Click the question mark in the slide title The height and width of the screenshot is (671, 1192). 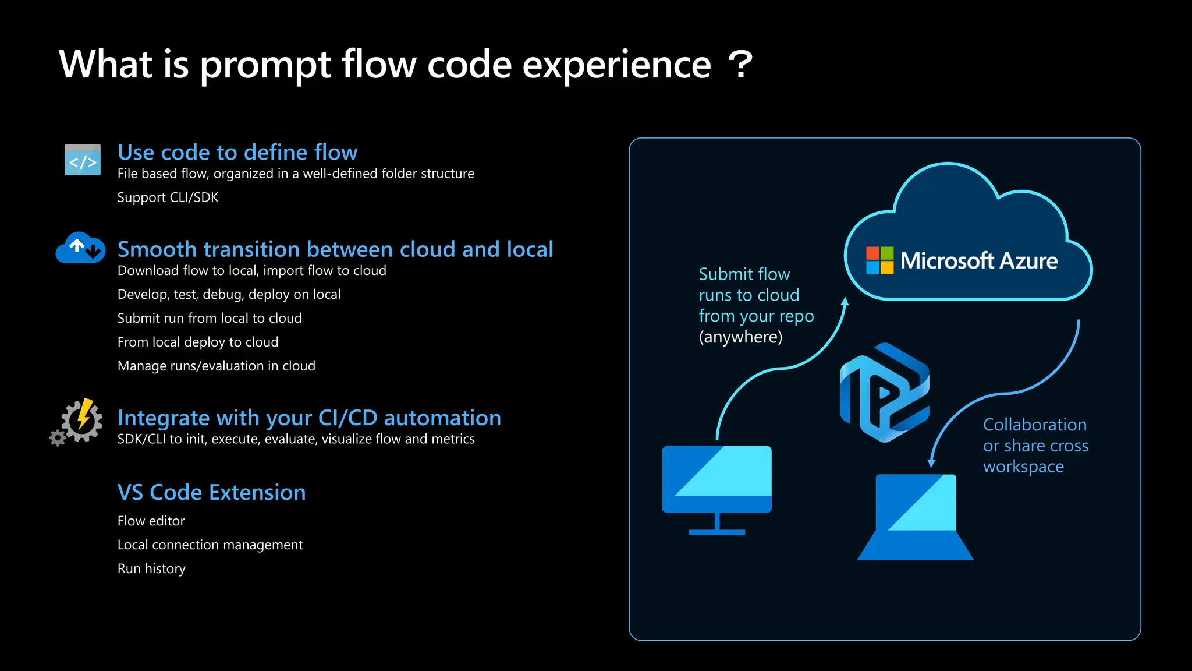coord(740,65)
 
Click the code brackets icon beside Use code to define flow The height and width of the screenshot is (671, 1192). coord(83,160)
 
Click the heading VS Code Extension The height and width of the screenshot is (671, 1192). coord(211,493)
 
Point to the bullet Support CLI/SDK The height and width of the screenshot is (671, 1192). coord(168,197)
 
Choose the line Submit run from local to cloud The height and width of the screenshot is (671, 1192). coord(210,318)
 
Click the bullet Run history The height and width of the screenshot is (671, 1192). coord(151,568)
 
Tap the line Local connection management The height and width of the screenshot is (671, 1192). coord(210,545)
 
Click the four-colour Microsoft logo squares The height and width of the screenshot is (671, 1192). coord(879,260)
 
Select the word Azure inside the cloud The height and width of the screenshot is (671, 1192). coord(1028,261)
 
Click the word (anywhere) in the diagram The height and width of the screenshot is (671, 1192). coord(740,337)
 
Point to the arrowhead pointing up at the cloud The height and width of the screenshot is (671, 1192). coord(845,302)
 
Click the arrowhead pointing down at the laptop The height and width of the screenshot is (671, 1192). coord(931,463)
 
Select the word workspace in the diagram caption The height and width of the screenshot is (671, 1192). coord(1023,467)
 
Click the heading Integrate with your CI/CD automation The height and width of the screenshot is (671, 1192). coord(309,418)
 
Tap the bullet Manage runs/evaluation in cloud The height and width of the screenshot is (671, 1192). coord(217,366)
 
